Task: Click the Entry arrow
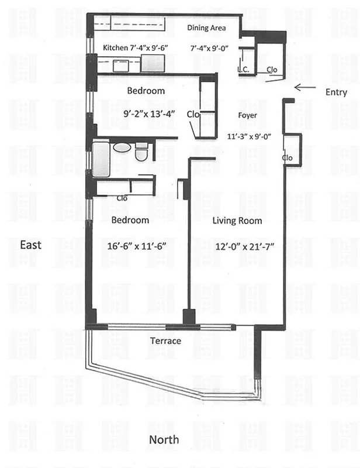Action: coord(304,88)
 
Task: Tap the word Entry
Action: coord(336,92)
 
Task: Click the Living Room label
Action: coord(237,221)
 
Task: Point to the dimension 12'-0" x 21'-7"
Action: coord(237,246)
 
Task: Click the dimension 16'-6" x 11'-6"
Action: coord(133,246)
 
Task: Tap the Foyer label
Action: coord(248,115)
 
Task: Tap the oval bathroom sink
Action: coord(122,147)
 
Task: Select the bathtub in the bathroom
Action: coord(102,159)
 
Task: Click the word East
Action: coord(31,245)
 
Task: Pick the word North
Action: coord(164,439)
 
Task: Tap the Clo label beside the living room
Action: coord(287,157)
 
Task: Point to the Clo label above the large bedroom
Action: coord(122,198)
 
